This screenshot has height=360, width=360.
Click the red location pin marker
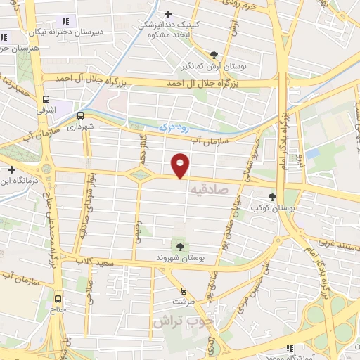coord(181,165)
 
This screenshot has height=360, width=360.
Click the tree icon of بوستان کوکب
coord(272,197)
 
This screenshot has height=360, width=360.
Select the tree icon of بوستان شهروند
coord(181,246)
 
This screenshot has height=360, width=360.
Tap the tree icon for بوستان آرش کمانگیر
coord(214,54)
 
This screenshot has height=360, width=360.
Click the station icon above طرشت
coord(184,290)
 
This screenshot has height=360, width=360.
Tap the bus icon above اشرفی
coord(46,100)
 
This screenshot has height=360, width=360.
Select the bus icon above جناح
coord(58,297)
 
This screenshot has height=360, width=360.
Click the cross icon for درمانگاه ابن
coord(12,169)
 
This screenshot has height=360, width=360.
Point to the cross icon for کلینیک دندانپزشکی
coord(168,13)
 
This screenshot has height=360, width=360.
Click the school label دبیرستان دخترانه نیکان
coord(70,32)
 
